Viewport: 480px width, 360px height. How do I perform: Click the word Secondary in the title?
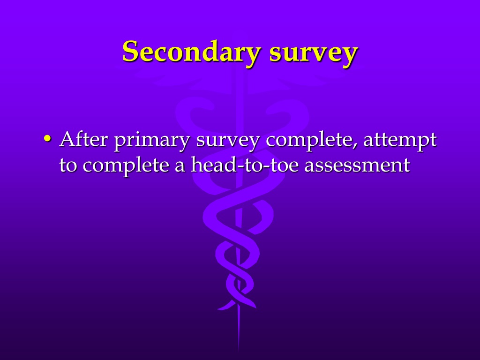192,52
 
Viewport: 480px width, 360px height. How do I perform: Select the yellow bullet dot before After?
47,138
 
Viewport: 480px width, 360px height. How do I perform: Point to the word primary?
152,141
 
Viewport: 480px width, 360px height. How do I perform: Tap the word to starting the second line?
68,165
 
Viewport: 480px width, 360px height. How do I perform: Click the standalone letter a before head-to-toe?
180,167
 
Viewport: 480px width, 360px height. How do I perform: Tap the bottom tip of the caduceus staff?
239,350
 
